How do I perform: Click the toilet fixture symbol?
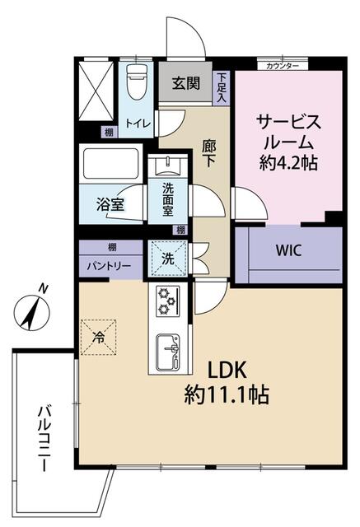[137, 82]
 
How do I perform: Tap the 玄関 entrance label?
[186, 83]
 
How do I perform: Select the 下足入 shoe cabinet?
[221, 88]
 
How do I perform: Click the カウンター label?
[283, 66]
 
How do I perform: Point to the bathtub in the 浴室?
[111, 164]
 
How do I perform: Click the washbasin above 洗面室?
[168, 167]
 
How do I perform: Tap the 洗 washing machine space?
[168, 259]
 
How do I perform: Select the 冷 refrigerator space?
[99, 337]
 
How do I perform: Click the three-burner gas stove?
[167, 301]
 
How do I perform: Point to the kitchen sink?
[167, 352]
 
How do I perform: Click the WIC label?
[288, 250]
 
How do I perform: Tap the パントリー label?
[109, 267]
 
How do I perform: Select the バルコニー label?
[44, 438]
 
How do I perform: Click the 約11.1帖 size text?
[227, 394]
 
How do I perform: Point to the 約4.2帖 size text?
[288, 163]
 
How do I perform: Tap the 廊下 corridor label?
[209, 153]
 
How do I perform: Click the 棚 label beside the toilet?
[109, 132]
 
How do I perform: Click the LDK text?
[227, 371]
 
